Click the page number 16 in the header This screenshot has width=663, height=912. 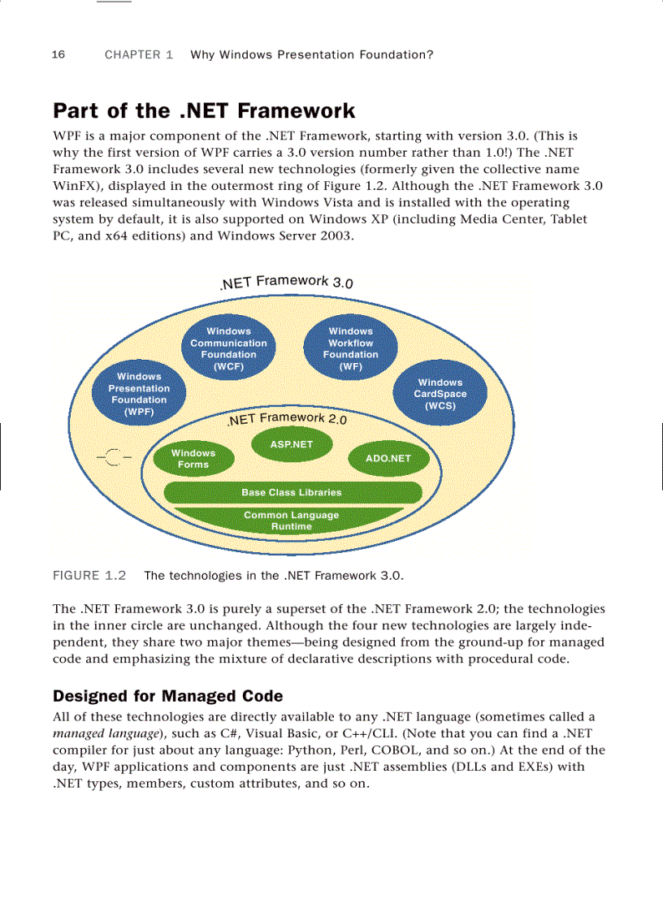[58, 55]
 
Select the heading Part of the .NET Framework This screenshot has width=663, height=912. [204, 110]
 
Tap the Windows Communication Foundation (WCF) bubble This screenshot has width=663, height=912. [228, 348]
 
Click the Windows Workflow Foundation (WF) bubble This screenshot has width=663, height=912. [350, 348]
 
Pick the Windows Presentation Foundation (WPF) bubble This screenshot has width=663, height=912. [139, 394]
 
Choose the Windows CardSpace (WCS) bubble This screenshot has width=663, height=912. [440, 394]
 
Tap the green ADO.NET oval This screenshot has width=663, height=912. [388, 459]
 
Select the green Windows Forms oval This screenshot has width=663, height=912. [193, 459]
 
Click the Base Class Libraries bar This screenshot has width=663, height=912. [292, 492]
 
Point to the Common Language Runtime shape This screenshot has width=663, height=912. [291, 521]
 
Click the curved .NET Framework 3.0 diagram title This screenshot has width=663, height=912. [286, 282]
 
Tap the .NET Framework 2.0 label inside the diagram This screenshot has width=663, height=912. [287, 419]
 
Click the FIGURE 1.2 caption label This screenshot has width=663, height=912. [89, 576]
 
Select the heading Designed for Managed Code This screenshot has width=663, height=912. [167, 696]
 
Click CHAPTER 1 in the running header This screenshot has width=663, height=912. [139, 55]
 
